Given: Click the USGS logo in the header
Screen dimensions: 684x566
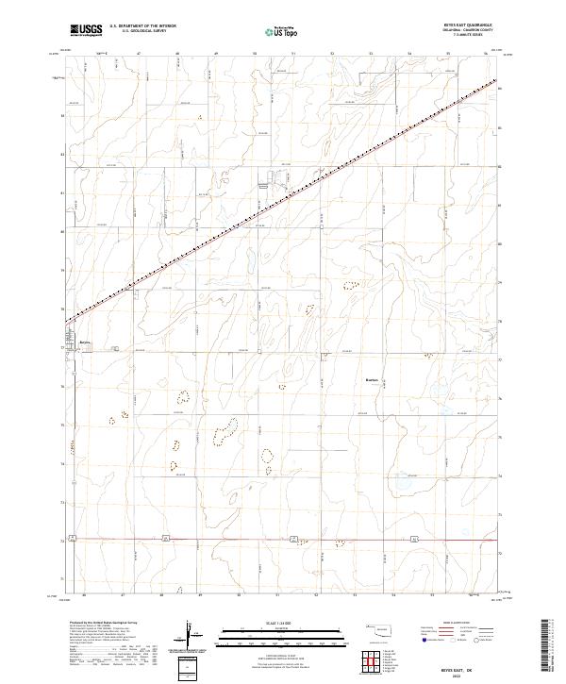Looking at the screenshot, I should click(86, 30).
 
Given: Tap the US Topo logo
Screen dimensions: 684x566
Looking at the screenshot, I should click(273, 31).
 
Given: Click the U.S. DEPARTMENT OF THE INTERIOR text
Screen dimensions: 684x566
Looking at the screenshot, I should click(142, 25).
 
